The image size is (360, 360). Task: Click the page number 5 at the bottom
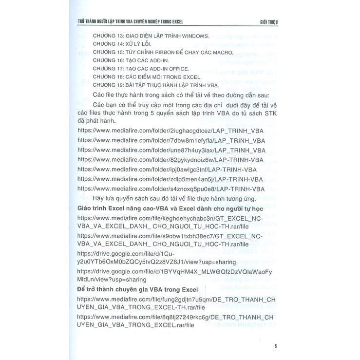point(276,346)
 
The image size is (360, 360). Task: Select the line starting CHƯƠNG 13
point(150,36)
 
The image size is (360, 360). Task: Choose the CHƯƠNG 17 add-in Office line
point(146,69)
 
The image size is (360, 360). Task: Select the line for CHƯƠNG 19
point(155,85)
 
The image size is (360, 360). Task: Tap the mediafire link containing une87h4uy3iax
point(171,151)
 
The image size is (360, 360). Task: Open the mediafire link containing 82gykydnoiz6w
point(171,160)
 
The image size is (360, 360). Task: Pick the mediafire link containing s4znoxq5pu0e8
point(171,189)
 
